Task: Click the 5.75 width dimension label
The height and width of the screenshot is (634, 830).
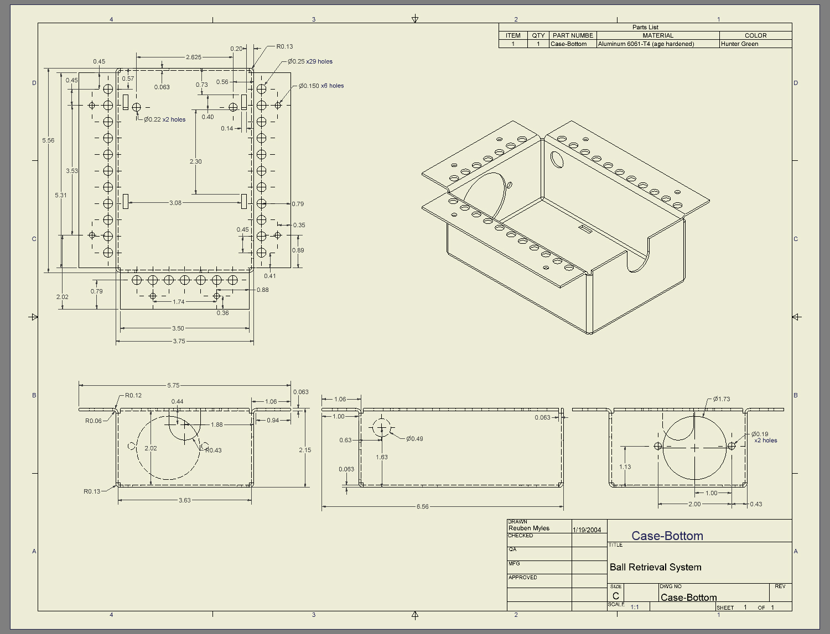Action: [173, 385]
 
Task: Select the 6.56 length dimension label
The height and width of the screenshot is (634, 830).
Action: [422, 506]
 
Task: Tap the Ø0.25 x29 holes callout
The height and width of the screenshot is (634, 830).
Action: [310, 61]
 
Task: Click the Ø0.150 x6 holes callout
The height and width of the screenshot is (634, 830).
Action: [321, 86]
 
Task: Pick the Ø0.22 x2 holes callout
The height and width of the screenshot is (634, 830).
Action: [164, 119]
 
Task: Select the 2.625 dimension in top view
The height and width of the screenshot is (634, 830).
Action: [194, 57]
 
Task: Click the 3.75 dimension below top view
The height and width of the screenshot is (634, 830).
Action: [179, 341]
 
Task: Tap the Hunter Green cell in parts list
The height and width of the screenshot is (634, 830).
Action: [739, 44]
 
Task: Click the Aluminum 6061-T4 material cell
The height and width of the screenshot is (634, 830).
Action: [646, 44]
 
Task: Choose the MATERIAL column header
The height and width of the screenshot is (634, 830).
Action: [657, 35]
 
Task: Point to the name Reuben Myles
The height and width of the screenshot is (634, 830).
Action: [529, 528]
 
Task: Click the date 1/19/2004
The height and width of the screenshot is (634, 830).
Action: [587, 530]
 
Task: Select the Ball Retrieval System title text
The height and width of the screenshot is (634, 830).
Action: [655, 567]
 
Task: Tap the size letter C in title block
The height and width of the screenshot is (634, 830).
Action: [615, 596]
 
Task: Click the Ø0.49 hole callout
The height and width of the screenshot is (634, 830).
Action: [414, 439]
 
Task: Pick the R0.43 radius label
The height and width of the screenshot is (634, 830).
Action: [213, 450]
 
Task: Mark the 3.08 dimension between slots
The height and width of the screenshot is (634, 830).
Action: [175, 203]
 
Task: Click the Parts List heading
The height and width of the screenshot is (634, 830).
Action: [645, 27]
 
